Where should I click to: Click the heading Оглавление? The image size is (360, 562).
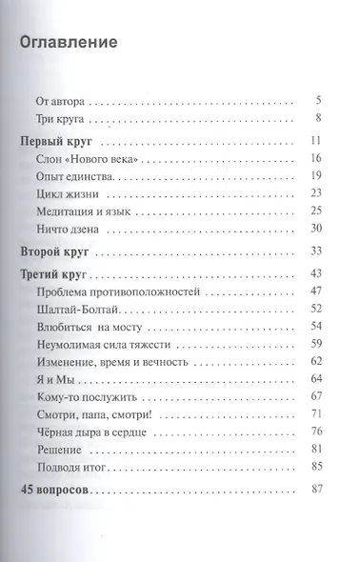pos(69,43)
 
